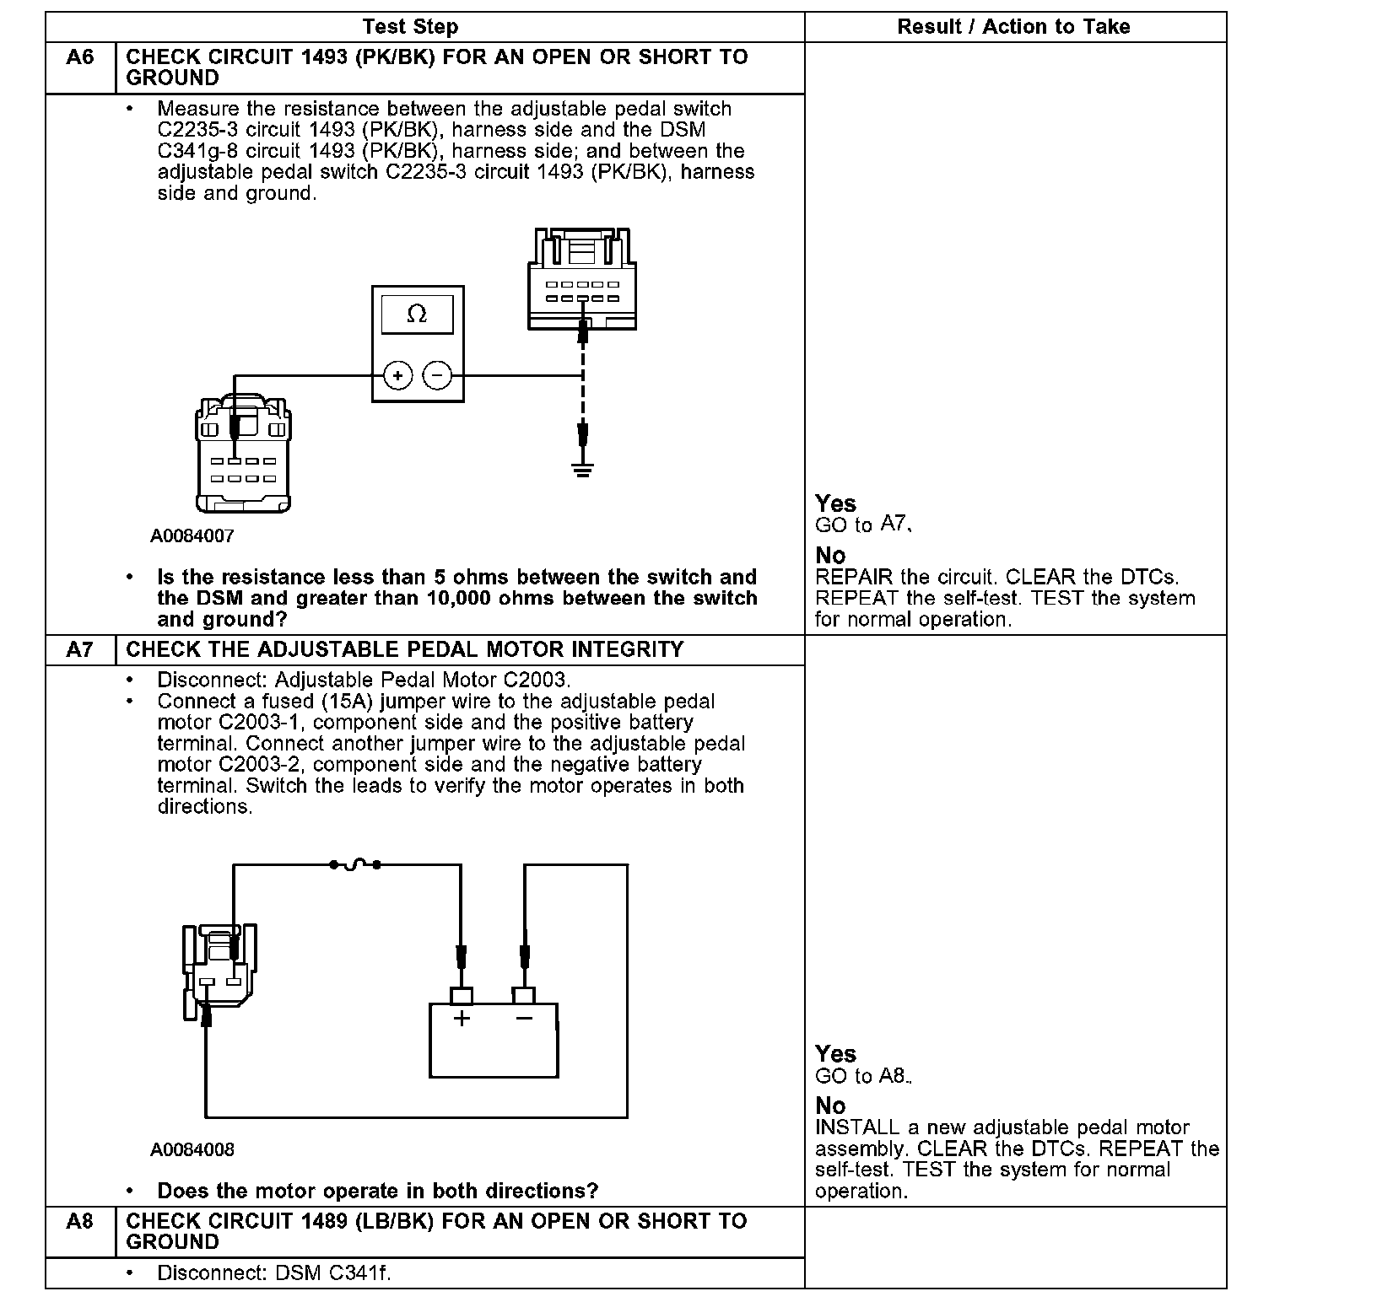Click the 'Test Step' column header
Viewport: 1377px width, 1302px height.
[410, 27]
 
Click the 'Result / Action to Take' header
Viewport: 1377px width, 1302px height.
[1013, 27]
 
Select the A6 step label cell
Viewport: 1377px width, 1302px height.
[80, 58]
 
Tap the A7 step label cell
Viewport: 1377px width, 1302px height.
[80, 650]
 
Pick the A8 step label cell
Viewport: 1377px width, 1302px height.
[80, 1221]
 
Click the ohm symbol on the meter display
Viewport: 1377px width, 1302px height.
[417, 315]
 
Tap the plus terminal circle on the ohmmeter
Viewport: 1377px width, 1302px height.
[397, 375]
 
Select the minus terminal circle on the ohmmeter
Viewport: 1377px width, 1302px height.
[436, 375]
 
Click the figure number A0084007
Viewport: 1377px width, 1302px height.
[192, 535]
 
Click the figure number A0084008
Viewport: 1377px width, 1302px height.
[192, 1149]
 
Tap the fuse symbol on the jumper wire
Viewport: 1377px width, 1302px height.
[354, 864]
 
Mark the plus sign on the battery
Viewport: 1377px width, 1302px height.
[462, 1019]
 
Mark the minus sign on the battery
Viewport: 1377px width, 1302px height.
[524, 1019]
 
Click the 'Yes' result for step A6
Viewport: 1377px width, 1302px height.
[835, 503]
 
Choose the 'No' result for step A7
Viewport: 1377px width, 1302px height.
[830, 1106]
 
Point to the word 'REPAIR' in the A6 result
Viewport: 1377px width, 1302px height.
[853, 578]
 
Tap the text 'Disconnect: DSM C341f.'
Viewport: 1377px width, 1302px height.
[274, 1272]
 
